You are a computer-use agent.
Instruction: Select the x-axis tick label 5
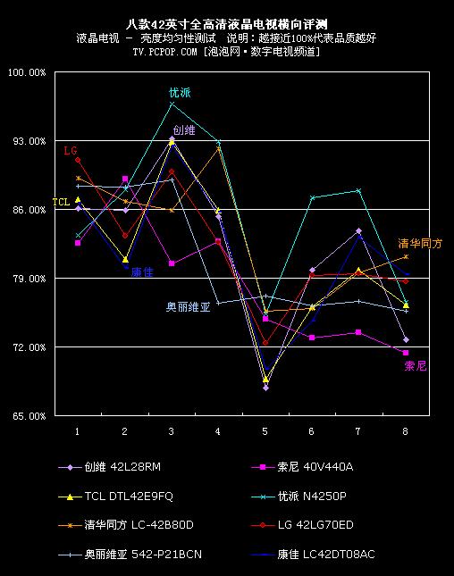coord(265,431)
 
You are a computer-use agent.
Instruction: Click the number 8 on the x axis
coord(405,431)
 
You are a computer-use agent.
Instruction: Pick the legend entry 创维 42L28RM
coord(110,467)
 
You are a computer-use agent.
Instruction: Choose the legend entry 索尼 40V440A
coord(302,467)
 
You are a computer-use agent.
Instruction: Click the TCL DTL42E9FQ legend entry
coord(115,497)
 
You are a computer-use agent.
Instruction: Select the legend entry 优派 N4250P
coord(298,497)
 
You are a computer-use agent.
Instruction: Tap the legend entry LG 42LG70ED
coord(302,525)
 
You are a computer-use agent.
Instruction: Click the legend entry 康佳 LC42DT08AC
coord(313,554)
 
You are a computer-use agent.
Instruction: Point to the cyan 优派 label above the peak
coord(180,93)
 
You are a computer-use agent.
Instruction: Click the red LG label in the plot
coord(71,151)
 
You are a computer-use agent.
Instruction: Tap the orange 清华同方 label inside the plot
coord(420,243)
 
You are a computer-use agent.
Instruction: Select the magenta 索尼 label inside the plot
coord(416,366)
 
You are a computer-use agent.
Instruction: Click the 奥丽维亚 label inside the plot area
coord(189,306)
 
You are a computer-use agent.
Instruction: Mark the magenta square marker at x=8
coord(406,353)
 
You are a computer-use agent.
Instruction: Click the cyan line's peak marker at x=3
coord(172,104)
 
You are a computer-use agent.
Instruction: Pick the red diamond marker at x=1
coord(78,160)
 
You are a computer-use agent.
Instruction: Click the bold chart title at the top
coord(226,24)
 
